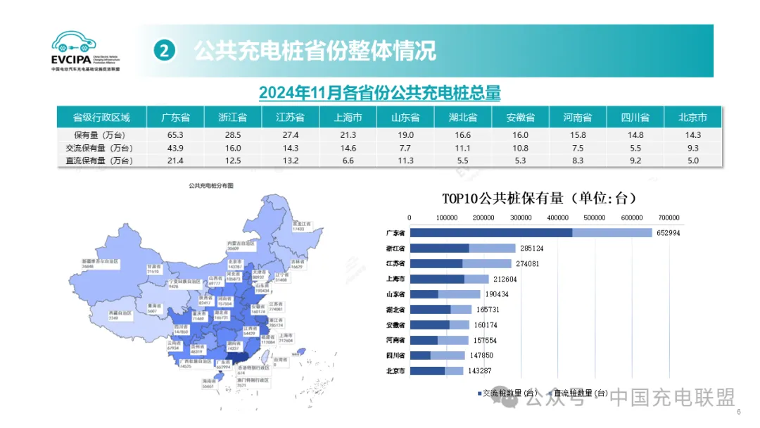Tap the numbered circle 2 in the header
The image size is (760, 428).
pos(163,50)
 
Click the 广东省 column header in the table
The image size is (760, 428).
pos(175,117)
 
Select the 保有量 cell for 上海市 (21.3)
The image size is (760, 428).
pos(348,134)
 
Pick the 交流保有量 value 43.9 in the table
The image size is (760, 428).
pos(175,148)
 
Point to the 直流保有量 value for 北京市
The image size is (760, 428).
pos(692,160)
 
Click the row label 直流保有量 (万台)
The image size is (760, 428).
pos(103,160)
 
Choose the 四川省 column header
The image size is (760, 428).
pos(635,117)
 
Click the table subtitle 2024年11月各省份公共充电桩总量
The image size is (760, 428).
pos(379,93)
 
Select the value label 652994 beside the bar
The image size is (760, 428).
pos(669,233)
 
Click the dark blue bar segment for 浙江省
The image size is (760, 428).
pos(439,248)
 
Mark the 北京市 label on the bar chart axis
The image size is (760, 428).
pos(395,371)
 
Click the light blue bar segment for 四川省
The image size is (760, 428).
pos(448,355)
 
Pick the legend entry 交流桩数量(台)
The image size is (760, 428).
pos(509,393)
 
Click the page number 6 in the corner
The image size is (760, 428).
pos(738,413)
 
